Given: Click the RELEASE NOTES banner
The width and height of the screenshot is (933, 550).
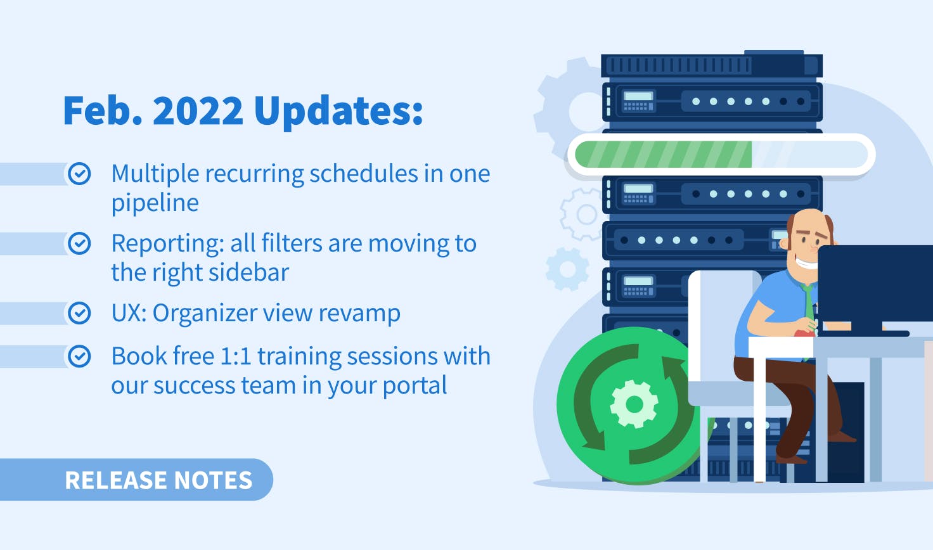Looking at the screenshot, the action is click(x=136, y=479).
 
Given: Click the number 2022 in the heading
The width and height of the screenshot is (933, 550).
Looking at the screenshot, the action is click(x=198, y=110).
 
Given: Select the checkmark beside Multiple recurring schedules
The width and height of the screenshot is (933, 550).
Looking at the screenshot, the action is click(x=79, y=173).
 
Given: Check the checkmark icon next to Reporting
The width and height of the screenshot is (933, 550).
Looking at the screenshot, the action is click(x=79, y=243).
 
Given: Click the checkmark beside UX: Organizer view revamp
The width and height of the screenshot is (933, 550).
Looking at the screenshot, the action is click(x=79, y=312).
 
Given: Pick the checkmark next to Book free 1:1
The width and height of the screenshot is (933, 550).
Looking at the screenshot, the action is click(x=79, y=356).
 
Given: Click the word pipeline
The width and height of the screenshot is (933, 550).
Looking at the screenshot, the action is click(x=155, y=203).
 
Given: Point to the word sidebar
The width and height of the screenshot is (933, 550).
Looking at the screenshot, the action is click(x=248, y=272).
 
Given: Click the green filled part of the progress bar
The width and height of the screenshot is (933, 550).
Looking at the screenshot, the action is click(x=664, y=155).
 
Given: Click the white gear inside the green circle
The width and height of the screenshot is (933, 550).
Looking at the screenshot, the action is click(x=634, y=404).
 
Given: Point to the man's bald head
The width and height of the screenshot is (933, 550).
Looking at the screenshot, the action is click(x=809, y=223).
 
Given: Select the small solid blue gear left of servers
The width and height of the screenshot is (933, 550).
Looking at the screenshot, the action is click(x=567, y=269).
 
